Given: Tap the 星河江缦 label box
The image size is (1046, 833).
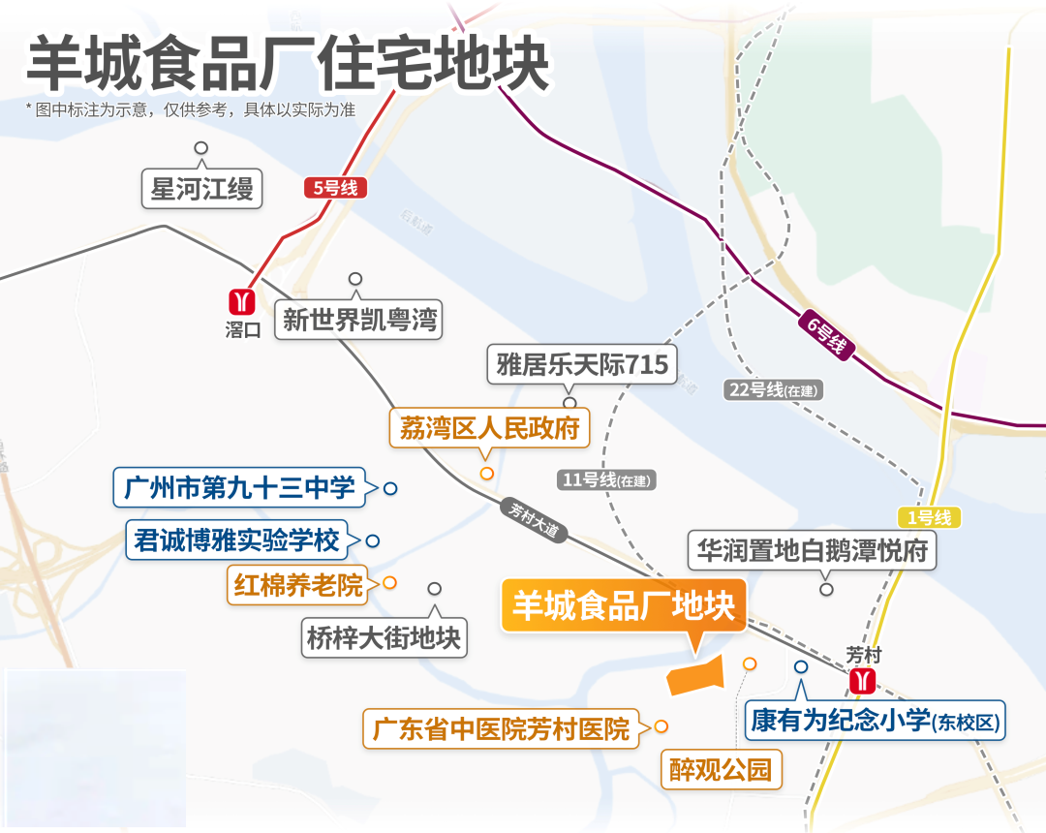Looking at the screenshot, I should point(201,188).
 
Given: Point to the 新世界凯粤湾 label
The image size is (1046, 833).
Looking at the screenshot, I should point(359,319).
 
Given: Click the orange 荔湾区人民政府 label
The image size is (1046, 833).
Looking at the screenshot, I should point(489,427).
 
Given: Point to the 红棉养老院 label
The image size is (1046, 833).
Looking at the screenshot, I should point(298,584).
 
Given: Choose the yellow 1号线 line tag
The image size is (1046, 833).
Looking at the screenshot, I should point(929,518).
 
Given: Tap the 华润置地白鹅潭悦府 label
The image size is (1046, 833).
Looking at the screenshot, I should point(812,551).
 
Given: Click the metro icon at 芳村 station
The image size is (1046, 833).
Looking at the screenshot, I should point(862,681).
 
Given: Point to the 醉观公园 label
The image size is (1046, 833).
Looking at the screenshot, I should point(721,770).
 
